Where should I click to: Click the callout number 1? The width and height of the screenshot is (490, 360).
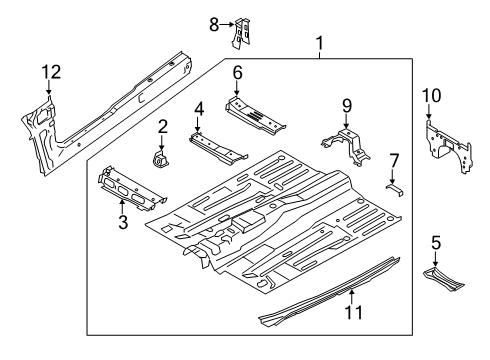click(319, 43)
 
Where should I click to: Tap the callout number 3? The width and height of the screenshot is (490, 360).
click(123, 222)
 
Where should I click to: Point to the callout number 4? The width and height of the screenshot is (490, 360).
click(199, 108)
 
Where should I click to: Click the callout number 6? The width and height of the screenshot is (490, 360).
click(237, 72)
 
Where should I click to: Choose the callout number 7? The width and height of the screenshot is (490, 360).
click(394, 159)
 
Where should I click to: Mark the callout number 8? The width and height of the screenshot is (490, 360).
click(213, 24)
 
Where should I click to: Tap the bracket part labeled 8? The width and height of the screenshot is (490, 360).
click(240, 33)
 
